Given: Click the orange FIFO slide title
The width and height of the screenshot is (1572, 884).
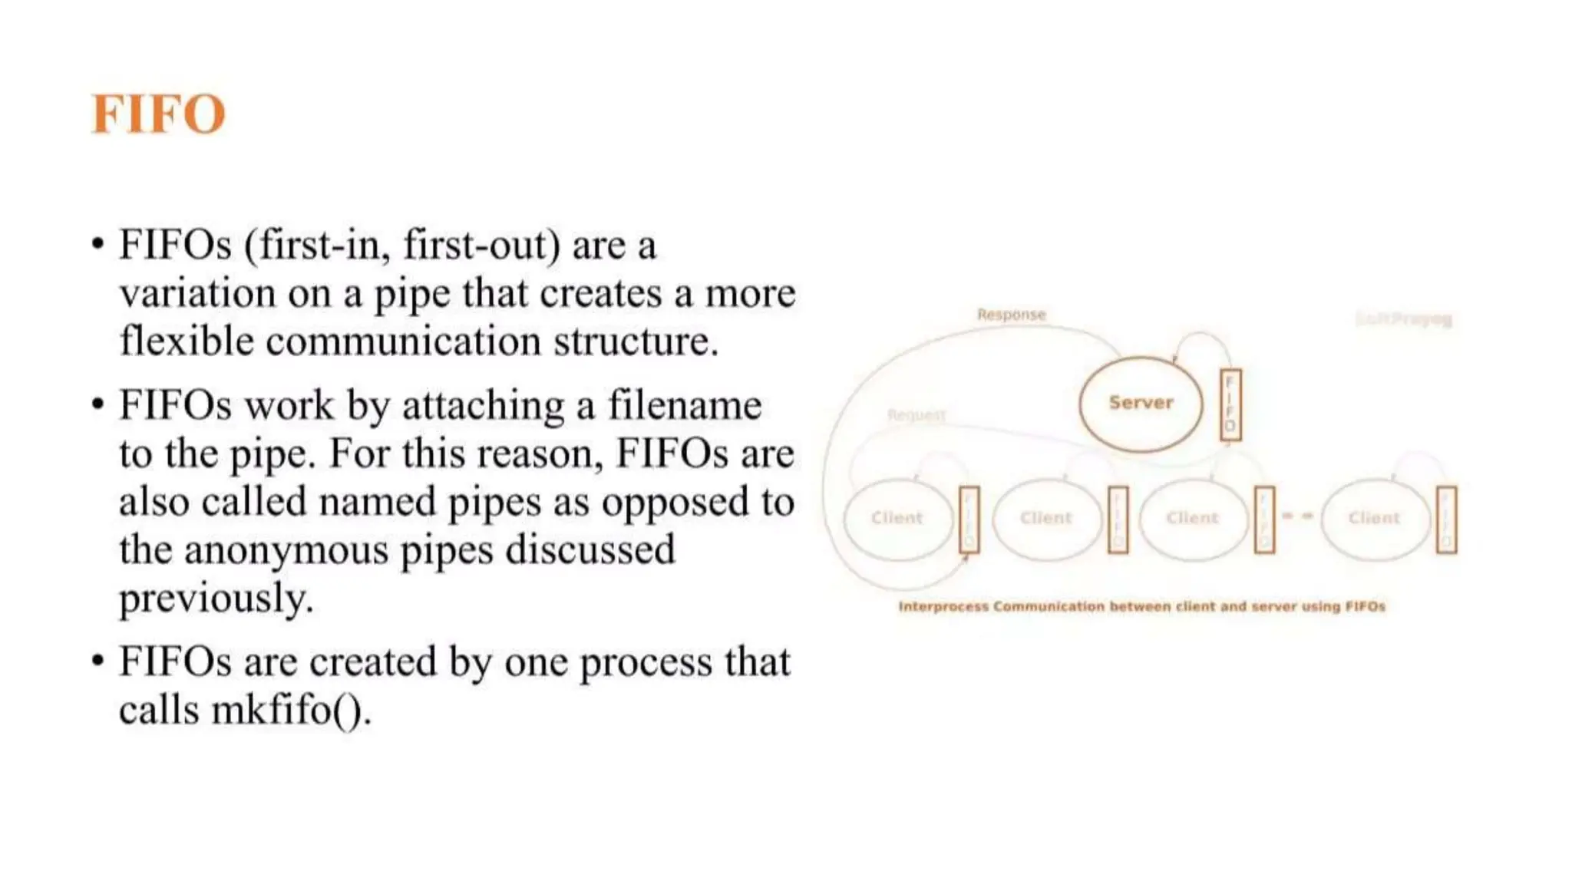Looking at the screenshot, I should pos(158,114).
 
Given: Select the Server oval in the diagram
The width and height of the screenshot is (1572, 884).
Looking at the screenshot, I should pos(1140,403).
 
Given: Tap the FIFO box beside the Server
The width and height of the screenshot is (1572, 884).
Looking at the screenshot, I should pos(1230,404).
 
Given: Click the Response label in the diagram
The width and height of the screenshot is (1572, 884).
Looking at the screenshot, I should pos(1011,315).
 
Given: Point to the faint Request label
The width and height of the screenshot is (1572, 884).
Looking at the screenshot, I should pos(916,415).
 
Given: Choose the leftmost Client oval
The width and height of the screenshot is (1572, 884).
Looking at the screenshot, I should pos(897,518).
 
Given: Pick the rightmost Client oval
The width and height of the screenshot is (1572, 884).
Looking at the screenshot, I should pos(1374,518).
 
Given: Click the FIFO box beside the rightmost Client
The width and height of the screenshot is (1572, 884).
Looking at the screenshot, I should pos(1446,520).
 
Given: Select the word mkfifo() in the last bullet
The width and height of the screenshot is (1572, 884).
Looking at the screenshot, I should pos(291,709).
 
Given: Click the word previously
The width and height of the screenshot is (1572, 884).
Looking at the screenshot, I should pos(216,598).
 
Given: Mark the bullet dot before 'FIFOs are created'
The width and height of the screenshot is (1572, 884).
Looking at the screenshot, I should pos(97,661).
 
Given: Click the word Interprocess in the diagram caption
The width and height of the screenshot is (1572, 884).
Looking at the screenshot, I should pos(943,607).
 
